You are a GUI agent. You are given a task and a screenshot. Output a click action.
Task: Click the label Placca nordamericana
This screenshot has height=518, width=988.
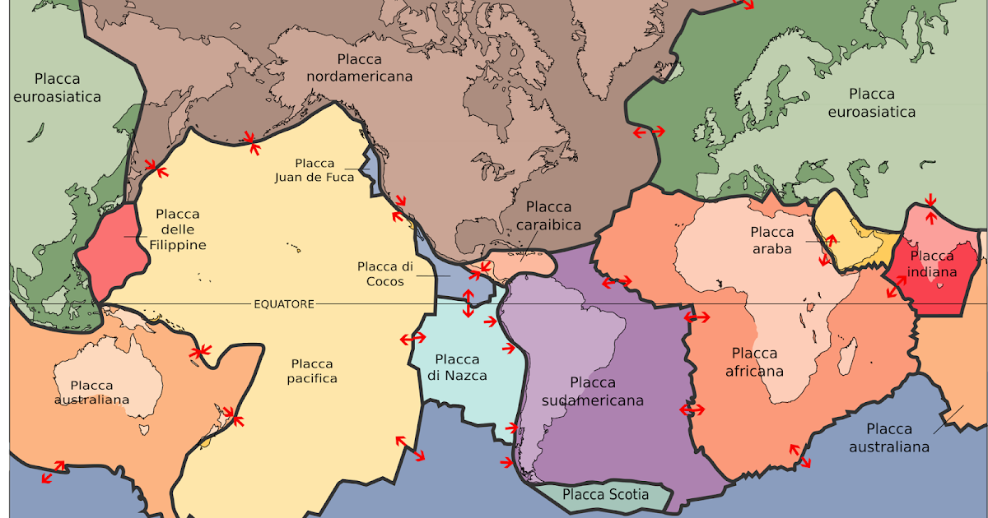click(x=359, y=67)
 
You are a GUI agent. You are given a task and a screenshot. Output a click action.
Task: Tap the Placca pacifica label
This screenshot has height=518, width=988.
click(x=312, y=371)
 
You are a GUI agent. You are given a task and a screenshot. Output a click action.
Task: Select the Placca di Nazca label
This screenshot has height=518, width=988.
click(x=457, y=368)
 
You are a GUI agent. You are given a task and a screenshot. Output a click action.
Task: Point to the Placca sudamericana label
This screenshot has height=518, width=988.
click(x=593, y=391)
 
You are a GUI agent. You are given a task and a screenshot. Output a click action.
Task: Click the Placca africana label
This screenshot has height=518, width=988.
click(x=754, y=362)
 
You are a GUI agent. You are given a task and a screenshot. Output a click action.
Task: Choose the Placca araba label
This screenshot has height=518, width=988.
click(x=771, y=240)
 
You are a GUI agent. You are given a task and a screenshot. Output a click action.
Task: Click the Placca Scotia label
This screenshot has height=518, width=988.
click(x=605, y=495)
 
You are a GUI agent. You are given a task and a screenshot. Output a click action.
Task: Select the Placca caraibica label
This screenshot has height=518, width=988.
click(x=548, y=215)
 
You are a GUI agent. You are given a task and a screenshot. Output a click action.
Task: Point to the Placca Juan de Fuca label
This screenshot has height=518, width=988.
click(x=324, y=170)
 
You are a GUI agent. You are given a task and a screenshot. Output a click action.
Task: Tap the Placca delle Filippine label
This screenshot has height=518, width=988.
click(x=178, y=229)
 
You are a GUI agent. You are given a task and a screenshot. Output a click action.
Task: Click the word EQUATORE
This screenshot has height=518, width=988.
click(x=283, y=304)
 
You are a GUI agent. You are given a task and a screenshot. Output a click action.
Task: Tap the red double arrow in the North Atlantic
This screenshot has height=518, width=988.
click(x=648, y=132)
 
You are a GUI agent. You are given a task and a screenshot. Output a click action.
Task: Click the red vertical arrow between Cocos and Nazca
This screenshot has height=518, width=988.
click(x=468, y=303)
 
